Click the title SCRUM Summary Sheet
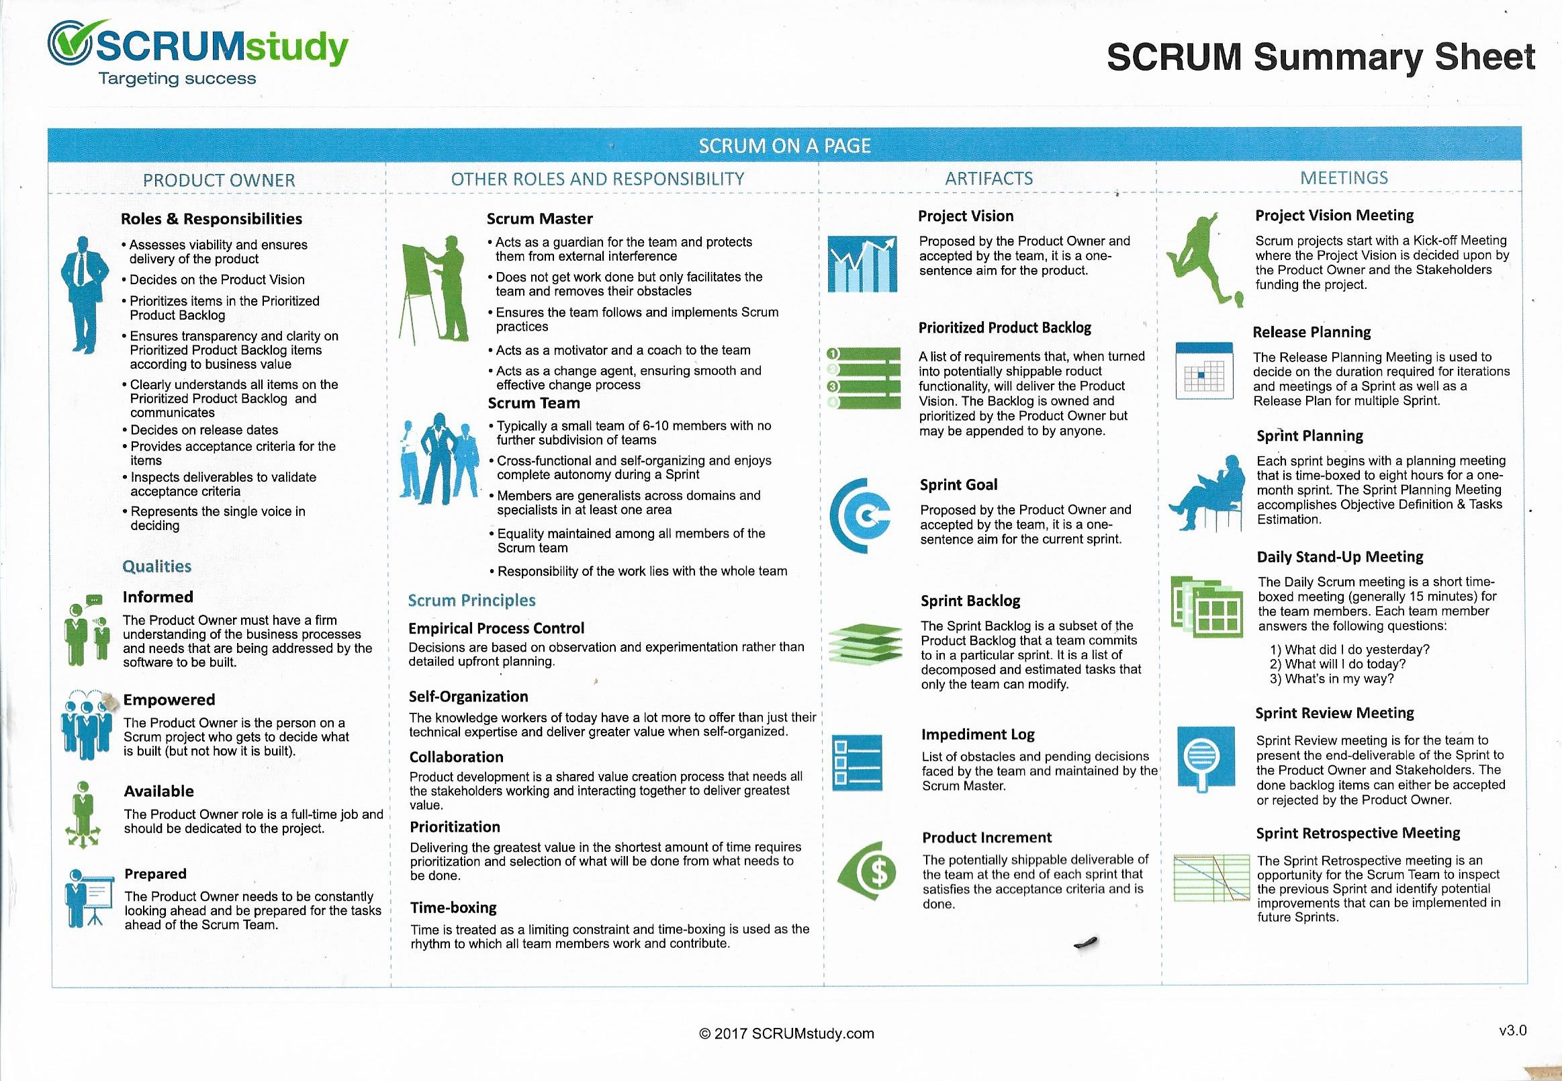pos(1320,57)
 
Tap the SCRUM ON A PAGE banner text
pos(784,146)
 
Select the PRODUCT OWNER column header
pos(219,180)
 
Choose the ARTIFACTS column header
pos(989,178)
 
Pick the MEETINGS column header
pos(1343,177)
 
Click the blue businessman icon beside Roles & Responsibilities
pos(83,294)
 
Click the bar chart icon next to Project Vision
pos(862,264)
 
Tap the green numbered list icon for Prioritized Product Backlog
pos(864,378)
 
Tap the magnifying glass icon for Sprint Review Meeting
pos(1203,757)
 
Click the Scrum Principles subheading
pos(471,600)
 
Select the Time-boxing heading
pos(453,908)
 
